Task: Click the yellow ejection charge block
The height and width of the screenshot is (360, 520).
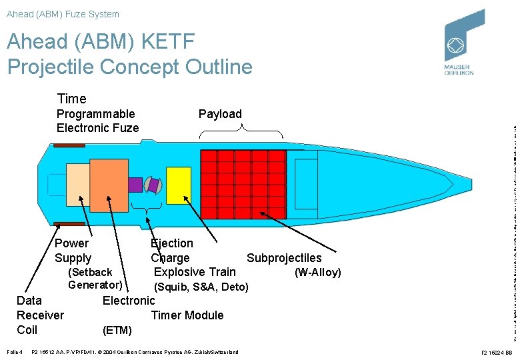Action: [x=178, y=185]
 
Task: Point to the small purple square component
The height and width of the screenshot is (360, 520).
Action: [x=135, y=185]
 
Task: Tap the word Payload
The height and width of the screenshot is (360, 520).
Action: [x=220, y=114]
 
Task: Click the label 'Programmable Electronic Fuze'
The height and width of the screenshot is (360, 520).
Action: [x=97, y=121]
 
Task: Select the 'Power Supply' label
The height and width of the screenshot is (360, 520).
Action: [x=73, y=251]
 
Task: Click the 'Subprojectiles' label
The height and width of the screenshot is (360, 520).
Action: [x=284, y=258]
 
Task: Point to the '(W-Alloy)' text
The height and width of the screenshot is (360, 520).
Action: [x=317, y=272]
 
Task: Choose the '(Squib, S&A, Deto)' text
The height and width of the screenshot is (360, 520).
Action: [x=201, y=287]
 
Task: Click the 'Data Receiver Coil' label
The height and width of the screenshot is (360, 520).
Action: [x=40, y=315]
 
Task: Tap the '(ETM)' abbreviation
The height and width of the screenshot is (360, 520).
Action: [x=117, y=330]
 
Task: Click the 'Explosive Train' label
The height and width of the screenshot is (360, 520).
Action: [x=195, y=272]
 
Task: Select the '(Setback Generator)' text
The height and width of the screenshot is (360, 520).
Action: [x=95, y=279]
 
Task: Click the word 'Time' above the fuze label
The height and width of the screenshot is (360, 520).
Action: [x=71, y=99]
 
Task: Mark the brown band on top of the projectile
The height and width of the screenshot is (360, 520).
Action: [x=69, y=144]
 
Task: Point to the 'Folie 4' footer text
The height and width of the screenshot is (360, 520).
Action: [x=13, y=351]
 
